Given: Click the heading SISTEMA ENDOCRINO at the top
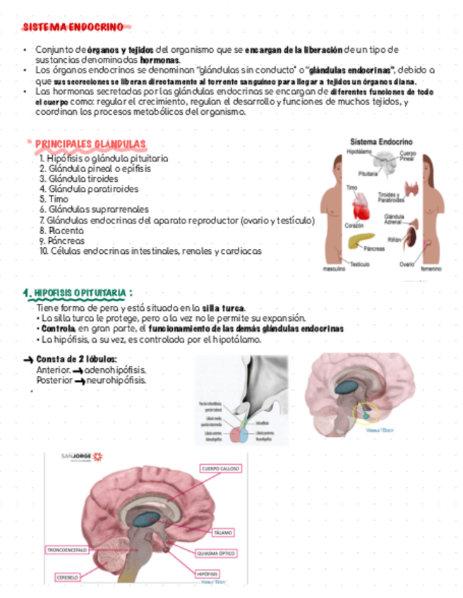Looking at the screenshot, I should coord(73,28).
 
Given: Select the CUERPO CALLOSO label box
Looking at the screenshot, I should coord(221,468).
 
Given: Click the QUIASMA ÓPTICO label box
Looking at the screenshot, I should coord(217,554).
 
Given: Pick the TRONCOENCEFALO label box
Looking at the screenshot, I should coord(68,549).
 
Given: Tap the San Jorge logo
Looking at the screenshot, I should coord(82,456).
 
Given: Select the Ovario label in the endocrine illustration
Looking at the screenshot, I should coord(407,264).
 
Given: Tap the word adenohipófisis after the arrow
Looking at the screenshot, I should coord(116,370).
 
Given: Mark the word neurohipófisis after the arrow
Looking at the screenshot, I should coord(116,380).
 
